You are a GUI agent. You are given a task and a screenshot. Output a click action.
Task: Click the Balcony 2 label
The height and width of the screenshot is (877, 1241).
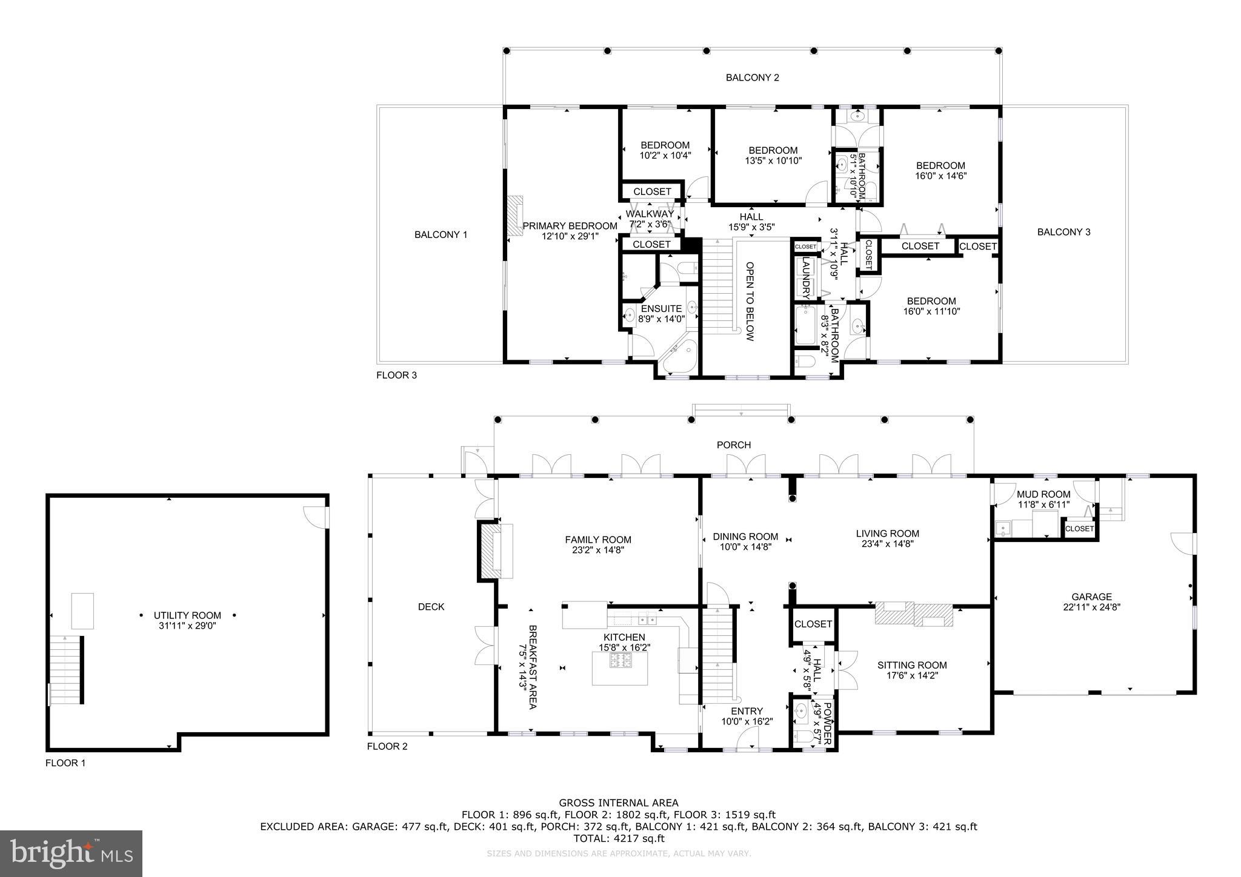click(752, 78)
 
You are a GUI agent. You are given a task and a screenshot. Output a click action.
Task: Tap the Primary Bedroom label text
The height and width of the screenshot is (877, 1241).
click(570, 226)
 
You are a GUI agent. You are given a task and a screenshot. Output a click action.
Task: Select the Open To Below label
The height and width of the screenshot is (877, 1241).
click(750, 302)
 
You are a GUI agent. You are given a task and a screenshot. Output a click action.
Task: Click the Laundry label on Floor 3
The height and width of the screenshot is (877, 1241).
click(806, 279)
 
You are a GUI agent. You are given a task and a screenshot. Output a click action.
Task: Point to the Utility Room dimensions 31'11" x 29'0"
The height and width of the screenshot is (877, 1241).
click(187, 626)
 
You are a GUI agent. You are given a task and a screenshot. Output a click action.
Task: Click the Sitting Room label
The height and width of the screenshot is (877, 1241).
click(911, 665)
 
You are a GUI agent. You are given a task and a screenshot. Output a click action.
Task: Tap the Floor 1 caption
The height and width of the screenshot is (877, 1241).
click(65, 763)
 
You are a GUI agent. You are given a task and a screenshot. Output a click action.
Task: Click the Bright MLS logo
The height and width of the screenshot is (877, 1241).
click(71, 853)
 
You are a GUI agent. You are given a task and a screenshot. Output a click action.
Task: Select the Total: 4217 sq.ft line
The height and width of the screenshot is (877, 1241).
click(619, 838)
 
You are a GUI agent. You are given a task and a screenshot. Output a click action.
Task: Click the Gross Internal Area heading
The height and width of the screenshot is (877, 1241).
click(619, 803)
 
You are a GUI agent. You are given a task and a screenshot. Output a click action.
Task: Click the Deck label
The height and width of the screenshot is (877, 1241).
click(431, 606)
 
